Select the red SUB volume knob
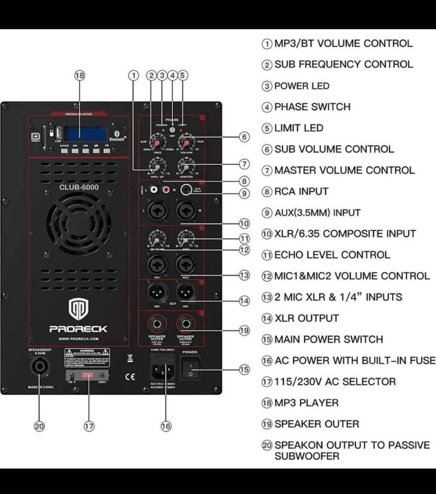[x=186, y=143]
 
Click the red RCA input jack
[x=167, y=189]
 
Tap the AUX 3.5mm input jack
[x=186, y=189]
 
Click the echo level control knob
[x=186, y=237]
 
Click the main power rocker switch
[x=191, y=368]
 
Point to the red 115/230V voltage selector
[x=87, y=376]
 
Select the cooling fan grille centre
[x=79, y=225]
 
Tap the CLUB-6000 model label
[x=79, y=187]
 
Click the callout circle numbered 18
[x=80, y=75]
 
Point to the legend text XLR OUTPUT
[x=306, y=318]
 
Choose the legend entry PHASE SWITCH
[x=312, y=107]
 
